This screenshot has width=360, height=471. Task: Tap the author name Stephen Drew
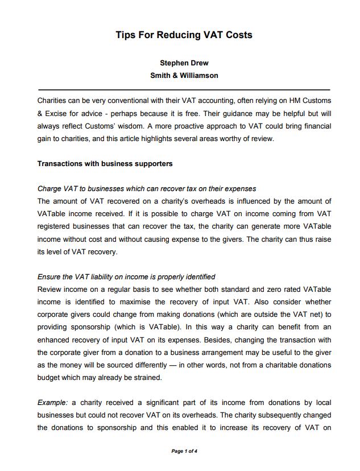(184, 64)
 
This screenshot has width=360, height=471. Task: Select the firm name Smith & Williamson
(184, 75)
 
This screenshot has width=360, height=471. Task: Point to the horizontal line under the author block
(184, 90)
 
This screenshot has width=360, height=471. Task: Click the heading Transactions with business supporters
(105, 164)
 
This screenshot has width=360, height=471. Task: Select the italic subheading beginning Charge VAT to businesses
(147, 189)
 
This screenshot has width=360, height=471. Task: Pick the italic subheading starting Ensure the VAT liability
(126, 277)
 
